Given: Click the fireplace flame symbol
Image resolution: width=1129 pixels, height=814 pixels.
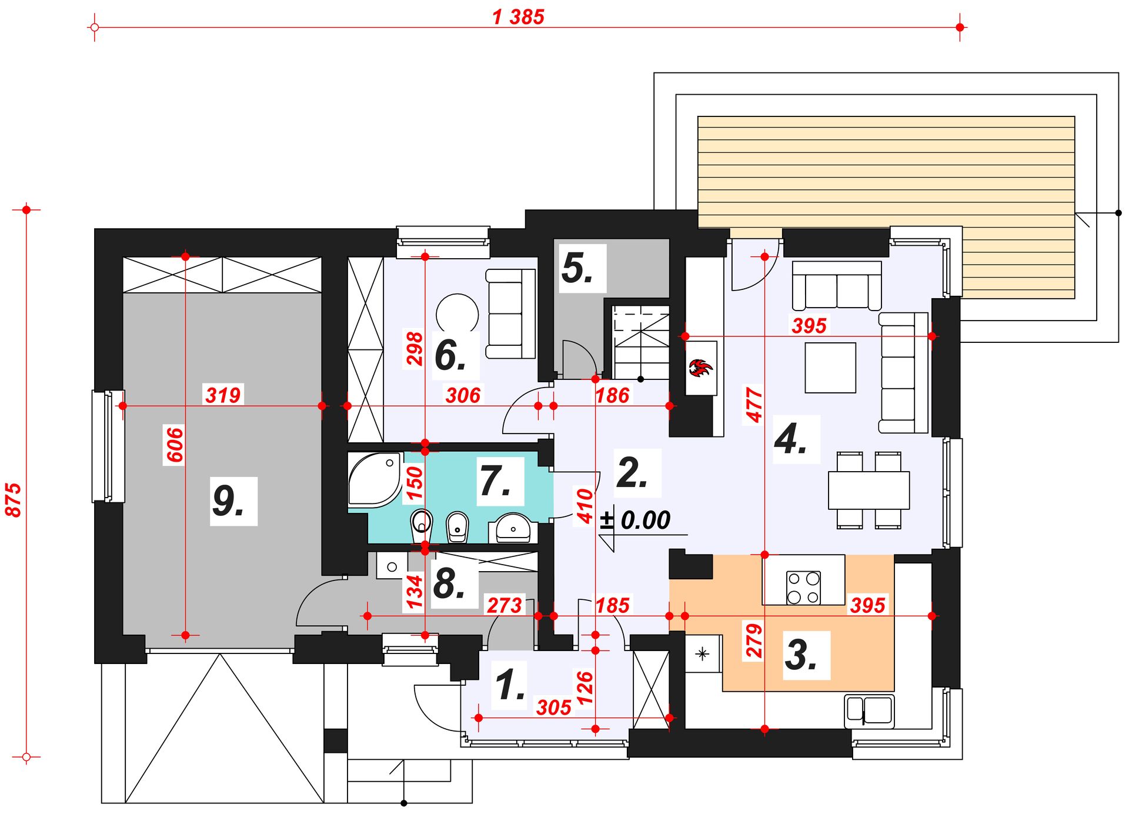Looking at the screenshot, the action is (x=700, y=369).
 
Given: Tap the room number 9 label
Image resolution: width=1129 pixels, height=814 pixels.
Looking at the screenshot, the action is (x=228, y=501).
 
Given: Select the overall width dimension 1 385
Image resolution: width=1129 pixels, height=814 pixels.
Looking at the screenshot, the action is (x=518, y=16).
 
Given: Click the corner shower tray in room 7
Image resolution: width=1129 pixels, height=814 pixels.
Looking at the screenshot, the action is (x=374, y=479).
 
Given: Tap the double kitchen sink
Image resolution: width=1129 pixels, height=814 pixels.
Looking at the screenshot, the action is (x=870, y=710).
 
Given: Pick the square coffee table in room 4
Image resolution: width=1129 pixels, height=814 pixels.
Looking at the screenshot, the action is (x=830, y=368).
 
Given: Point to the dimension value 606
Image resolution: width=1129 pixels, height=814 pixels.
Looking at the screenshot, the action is (x=175, y=445).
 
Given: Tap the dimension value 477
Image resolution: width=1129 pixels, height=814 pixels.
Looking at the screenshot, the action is (x=754, y=404).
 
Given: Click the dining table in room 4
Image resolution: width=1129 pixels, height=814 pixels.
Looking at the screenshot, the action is (x=869, y=490).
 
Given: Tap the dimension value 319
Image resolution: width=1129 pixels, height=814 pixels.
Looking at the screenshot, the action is (x=223, y=395).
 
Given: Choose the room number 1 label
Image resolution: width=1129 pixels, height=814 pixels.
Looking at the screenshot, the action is (x=510, y=685).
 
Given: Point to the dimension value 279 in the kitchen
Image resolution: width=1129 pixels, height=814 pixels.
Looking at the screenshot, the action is (x=754, y=640).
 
